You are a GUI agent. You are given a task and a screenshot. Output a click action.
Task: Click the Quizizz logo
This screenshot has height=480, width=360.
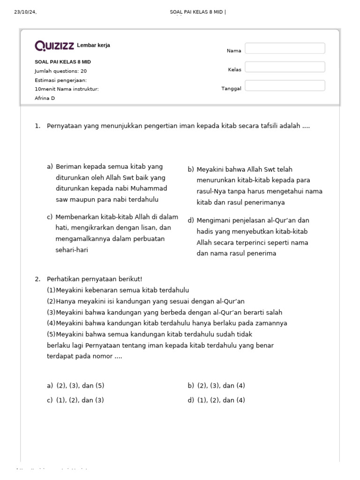click(54, 45)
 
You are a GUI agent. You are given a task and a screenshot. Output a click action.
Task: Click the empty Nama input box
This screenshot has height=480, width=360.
click(285, 48)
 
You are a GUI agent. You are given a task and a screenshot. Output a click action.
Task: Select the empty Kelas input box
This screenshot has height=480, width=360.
click(285, 67)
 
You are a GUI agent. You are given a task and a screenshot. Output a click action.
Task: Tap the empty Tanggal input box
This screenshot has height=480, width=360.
click(285, 86)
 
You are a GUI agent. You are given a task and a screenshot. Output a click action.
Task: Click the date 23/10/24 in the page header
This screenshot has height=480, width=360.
click(25, 12)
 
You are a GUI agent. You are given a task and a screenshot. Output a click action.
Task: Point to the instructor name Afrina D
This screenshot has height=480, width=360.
click(45, 98)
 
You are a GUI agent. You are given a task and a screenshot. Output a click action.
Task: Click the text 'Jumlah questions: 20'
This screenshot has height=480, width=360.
click(60, 71)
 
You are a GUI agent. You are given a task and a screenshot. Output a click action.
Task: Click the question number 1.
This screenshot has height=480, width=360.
click(37, 126)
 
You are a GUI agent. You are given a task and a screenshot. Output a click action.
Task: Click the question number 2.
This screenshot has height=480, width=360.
click(37, 279)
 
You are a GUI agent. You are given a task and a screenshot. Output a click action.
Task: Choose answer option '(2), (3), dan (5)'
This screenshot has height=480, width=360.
click(80, 386)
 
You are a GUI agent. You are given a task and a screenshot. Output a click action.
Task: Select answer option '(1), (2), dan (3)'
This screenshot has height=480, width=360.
click(80, 400)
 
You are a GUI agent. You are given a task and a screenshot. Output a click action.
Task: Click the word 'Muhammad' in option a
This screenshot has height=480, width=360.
click(149, 188)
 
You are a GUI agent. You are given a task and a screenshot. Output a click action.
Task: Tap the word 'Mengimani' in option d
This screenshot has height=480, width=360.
click(211, 220)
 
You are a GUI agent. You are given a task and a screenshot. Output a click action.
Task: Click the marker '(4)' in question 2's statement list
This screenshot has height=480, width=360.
click(51, 323)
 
